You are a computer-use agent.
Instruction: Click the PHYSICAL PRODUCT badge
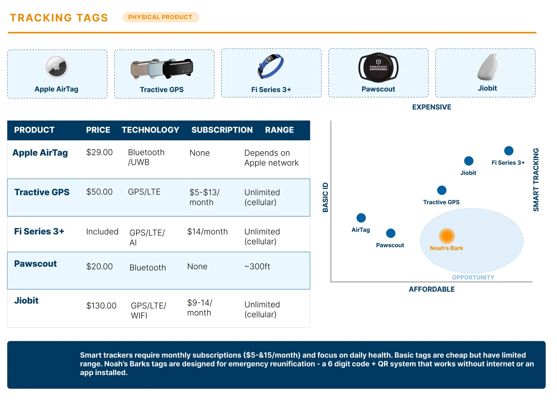(161, 17)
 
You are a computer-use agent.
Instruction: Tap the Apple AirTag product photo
(56, 67)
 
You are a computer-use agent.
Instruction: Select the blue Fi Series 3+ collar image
(270, 66)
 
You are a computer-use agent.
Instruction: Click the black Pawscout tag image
(378, 68)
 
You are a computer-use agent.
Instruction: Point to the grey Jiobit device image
(488, 67)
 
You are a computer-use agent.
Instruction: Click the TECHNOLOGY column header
(150, 130)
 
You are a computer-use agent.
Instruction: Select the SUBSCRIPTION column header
(222, 130)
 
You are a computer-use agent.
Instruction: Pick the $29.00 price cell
(100, 153)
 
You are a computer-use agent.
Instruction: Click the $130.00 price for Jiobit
(101, 305)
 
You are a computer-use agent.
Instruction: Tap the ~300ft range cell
(257, 266)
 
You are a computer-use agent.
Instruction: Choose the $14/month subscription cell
(207, 232)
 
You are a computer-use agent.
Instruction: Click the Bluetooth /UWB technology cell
(146, 157)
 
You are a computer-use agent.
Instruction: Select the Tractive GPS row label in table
(42, 192)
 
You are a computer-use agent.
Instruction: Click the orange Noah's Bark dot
(447, 236)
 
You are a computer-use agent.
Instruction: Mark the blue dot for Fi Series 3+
(509, 151)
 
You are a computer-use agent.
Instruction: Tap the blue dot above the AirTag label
(361, 218)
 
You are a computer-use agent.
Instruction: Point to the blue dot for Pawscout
(391, 233)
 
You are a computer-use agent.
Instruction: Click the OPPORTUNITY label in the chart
(473, 278)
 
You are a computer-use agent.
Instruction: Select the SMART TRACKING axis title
(536, 180)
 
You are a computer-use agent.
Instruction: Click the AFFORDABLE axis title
(432, 289)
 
